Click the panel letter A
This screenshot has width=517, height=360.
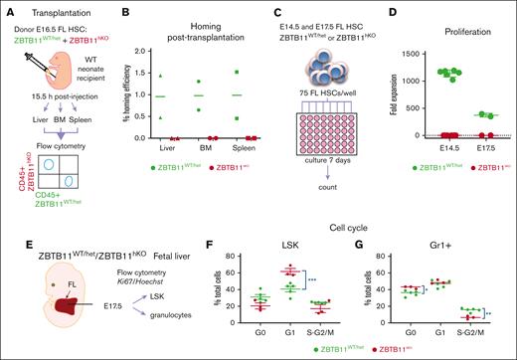click(x=7, y=7)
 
